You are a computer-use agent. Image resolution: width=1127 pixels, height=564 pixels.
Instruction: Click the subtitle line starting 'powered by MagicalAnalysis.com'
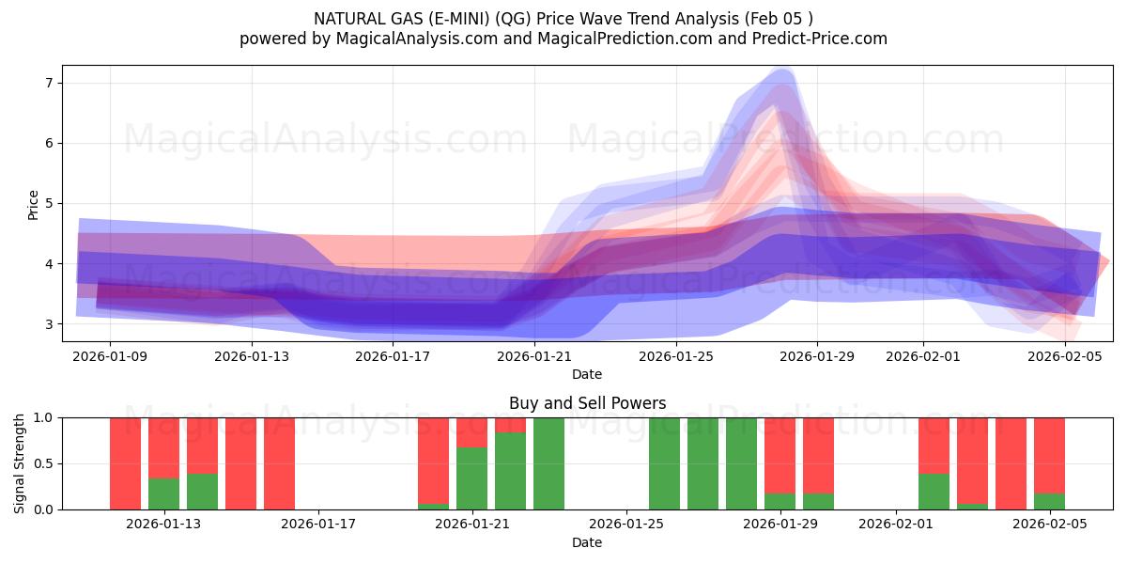[x=563, y=39]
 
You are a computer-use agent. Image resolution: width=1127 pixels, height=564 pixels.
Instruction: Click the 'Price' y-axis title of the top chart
[x=33, y=204]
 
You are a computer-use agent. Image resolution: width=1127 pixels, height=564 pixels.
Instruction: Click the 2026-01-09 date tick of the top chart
[x=110, y=356]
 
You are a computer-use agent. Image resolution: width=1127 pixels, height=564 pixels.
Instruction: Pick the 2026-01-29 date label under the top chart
[x=817, y=356]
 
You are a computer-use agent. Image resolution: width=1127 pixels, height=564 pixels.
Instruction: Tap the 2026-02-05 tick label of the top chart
[x=1065, y=356]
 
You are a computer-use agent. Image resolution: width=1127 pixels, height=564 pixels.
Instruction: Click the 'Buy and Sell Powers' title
[x=587, y=403]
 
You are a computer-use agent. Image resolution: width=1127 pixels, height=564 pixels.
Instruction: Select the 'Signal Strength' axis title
[x=20, y=463]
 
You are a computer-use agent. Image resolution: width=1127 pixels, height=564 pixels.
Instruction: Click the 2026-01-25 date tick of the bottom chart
[x=625, y=525]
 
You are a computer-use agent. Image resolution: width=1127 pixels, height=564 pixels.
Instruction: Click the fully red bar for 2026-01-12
[x=125, y=463]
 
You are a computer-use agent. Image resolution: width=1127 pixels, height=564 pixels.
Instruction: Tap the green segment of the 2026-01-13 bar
[x=163, y=493]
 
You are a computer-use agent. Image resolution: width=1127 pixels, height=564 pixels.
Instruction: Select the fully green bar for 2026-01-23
[x=548, y=463]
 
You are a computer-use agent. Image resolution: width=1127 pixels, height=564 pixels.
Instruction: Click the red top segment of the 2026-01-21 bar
[x=471, y=432]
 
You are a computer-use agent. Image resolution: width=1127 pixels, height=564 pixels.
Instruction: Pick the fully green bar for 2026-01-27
[x=702, y=463]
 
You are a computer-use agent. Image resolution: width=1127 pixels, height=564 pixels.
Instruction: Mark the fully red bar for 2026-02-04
[x=1011, y=463]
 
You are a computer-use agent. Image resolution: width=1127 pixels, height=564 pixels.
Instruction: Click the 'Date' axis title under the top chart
[x=587, y=374]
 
